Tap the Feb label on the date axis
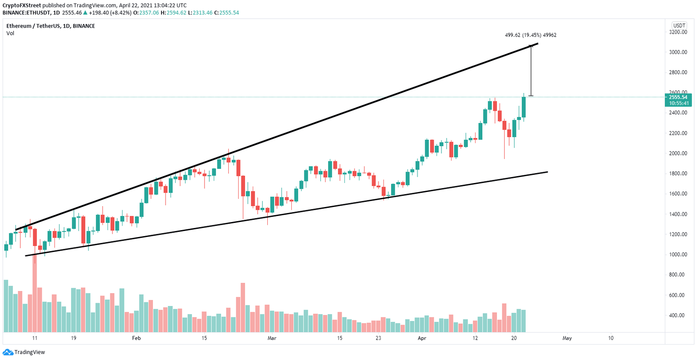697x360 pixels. pos(137,338)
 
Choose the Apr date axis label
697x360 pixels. pos(422,338)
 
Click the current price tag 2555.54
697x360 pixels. pos(677,97)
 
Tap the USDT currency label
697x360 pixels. pos(679,26)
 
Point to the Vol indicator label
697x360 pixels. pos(10,33)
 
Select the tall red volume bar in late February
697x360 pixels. pos(243,308)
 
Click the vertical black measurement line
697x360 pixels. pos(531,70)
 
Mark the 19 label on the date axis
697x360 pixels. pos(73,338)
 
